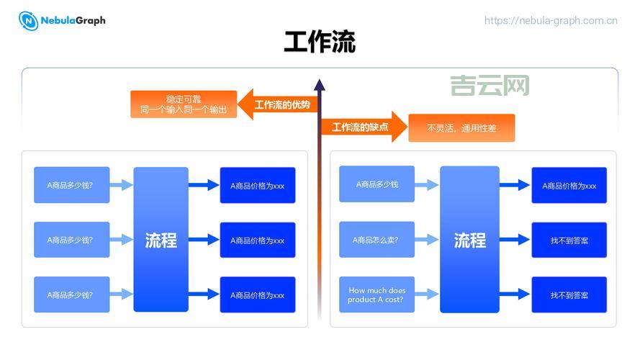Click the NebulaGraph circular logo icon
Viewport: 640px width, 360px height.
click(29, 21)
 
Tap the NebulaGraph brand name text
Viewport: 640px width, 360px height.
click(73, 20)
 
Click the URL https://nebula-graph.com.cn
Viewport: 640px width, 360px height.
click(551, 21)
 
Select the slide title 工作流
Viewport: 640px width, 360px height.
click(320, 42)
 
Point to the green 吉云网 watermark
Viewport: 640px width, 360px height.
click(490, 86)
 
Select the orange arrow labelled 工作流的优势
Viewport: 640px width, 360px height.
click(276, 105)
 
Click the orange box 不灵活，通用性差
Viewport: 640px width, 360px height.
click(461, 128)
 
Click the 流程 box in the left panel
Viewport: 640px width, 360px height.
click(161, 240)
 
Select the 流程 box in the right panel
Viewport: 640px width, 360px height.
click(469, 240)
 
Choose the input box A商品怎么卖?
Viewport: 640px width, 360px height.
click(377, 240)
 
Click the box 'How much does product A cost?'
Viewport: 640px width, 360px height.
click(377, 294)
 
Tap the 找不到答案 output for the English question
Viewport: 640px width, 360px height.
click(569, 294)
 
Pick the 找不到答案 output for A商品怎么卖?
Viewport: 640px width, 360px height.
click(569, 240)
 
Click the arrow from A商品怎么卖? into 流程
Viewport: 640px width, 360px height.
click(427, 240)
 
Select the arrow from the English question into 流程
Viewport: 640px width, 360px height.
click(427, 294)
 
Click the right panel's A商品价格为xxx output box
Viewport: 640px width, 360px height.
click(569, 185)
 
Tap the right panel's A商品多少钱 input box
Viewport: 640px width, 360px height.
click(377, 184)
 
